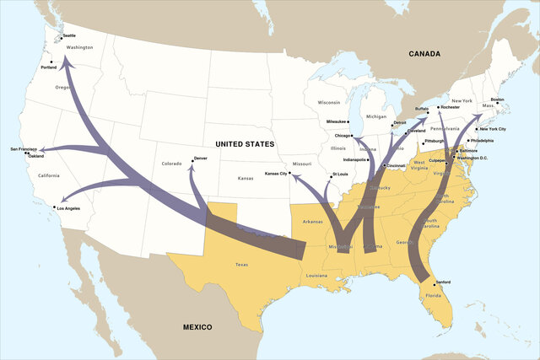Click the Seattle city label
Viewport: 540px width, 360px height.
click(68, 35)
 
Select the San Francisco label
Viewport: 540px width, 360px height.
click(24, 149)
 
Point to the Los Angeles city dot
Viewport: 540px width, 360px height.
click(55, 207)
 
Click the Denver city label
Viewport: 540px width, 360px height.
click(200, 158)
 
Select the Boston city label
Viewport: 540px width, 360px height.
click(497, 100)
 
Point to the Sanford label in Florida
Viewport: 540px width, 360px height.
click(443, 283)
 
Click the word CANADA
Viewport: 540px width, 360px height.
click(424, 54)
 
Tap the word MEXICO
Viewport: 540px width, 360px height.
click(192, 326)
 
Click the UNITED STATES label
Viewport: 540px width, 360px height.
click(245, 144)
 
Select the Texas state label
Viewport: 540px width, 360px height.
click(242, 265)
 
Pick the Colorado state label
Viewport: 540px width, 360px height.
click(171, 164)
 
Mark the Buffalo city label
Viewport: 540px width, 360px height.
click(423, 109)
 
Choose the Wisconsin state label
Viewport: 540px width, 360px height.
click(329, 102)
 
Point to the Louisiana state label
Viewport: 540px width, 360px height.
click(316, 276)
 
